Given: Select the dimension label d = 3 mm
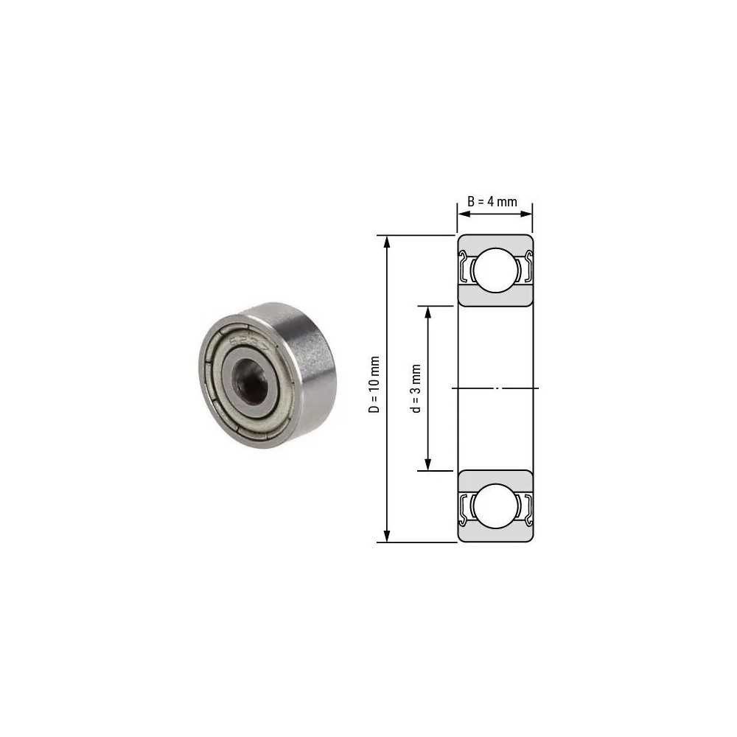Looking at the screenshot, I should point(416,388).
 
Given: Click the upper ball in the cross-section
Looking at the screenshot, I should point(494,270).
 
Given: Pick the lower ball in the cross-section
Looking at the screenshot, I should point(494,506).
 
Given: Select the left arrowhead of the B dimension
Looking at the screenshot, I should point(462,214).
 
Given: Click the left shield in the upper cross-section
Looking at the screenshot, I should point(464,269).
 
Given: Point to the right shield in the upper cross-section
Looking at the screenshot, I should point(526,269).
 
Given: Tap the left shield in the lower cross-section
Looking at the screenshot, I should point(464,506).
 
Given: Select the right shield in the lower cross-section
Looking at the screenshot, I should point(526,506).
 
